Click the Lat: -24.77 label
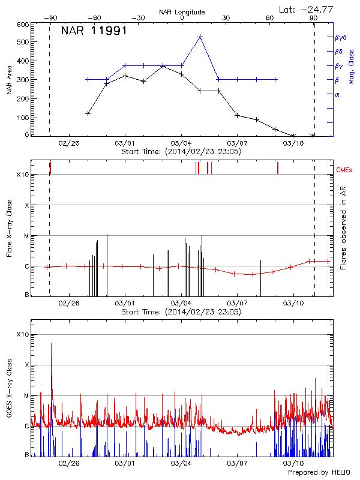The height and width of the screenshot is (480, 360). pyautogui.click(x=306, y=9)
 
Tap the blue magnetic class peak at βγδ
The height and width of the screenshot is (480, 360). pyautogui.click(x=200, y=37)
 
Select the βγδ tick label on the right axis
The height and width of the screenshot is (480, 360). pyautogui.click(x=340, y=37)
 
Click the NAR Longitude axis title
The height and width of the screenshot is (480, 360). pyautogui.click(x=182, y=12)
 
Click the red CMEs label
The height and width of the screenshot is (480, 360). pyautogui.click(x=344, y=171)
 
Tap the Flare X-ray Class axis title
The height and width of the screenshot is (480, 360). pyautogui.click(x=10, y=228)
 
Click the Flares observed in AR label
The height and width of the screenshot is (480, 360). pyautogui.click(x=343, y=228)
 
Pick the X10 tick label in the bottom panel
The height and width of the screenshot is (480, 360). pyautogui.click(x=22, y=334)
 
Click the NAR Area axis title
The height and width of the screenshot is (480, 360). pyautogui.click(x=10, y=79)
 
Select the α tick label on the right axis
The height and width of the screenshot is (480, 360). pyautogui.click(x=337, y=94)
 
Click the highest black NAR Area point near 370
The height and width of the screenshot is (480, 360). pyautogui.click(x=163, y=66)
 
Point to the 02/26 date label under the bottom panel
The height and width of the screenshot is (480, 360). pyautogui.click(x=69, y=463)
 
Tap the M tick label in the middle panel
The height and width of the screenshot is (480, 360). pyautogui.click(x=26, y=236)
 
